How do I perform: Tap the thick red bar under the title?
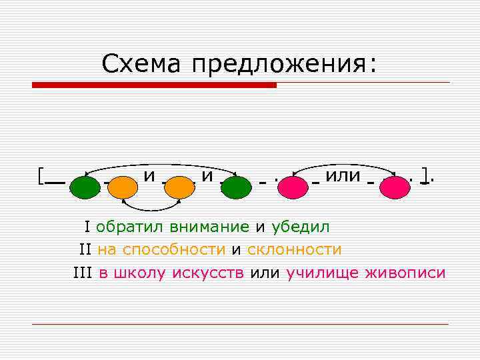(x=154, y=85)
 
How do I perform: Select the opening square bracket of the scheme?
(x=41, y=175)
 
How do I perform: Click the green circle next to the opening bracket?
(x=85, y=187)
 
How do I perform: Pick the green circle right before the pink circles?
(x=236, y=187)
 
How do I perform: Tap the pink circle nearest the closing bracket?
(x=394, y=187)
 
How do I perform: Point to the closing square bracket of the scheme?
(x=425, y=175)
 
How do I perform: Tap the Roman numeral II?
(x=85, y=249)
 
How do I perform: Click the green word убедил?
(x=300, y=227)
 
